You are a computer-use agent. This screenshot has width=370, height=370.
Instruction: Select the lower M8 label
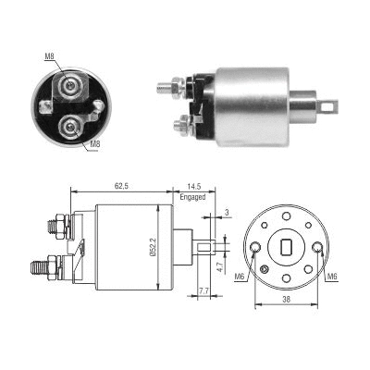96,145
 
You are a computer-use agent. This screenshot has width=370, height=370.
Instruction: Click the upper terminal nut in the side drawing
56,224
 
